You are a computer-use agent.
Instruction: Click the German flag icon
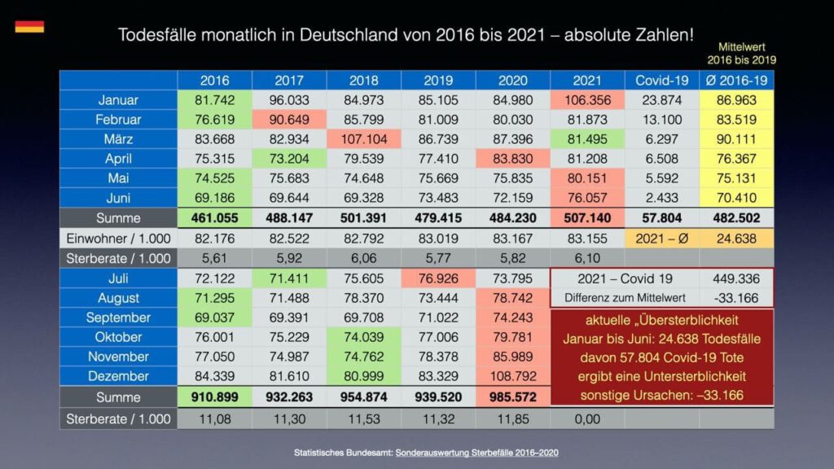29,27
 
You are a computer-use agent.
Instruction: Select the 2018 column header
363,81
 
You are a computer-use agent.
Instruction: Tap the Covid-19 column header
661,81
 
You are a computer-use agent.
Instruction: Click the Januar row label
118,100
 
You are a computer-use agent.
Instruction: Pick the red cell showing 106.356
587,100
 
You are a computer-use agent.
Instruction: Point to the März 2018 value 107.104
363,139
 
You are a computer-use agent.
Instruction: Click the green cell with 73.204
289,159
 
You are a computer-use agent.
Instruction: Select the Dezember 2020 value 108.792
512,376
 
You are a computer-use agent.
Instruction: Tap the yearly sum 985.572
512,397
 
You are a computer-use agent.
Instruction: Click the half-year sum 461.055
214,218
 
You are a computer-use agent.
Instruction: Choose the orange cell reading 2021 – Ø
661,239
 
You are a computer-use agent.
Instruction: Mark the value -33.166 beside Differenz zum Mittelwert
736,297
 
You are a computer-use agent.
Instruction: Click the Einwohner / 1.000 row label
118,239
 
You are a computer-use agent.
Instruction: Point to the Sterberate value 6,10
587,258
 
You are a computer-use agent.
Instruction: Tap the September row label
118,318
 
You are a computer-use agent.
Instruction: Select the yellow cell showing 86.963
736,100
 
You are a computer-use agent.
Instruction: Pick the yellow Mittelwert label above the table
740,54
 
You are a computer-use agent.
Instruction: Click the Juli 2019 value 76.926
438,278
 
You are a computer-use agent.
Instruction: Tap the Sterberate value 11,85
512,419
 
